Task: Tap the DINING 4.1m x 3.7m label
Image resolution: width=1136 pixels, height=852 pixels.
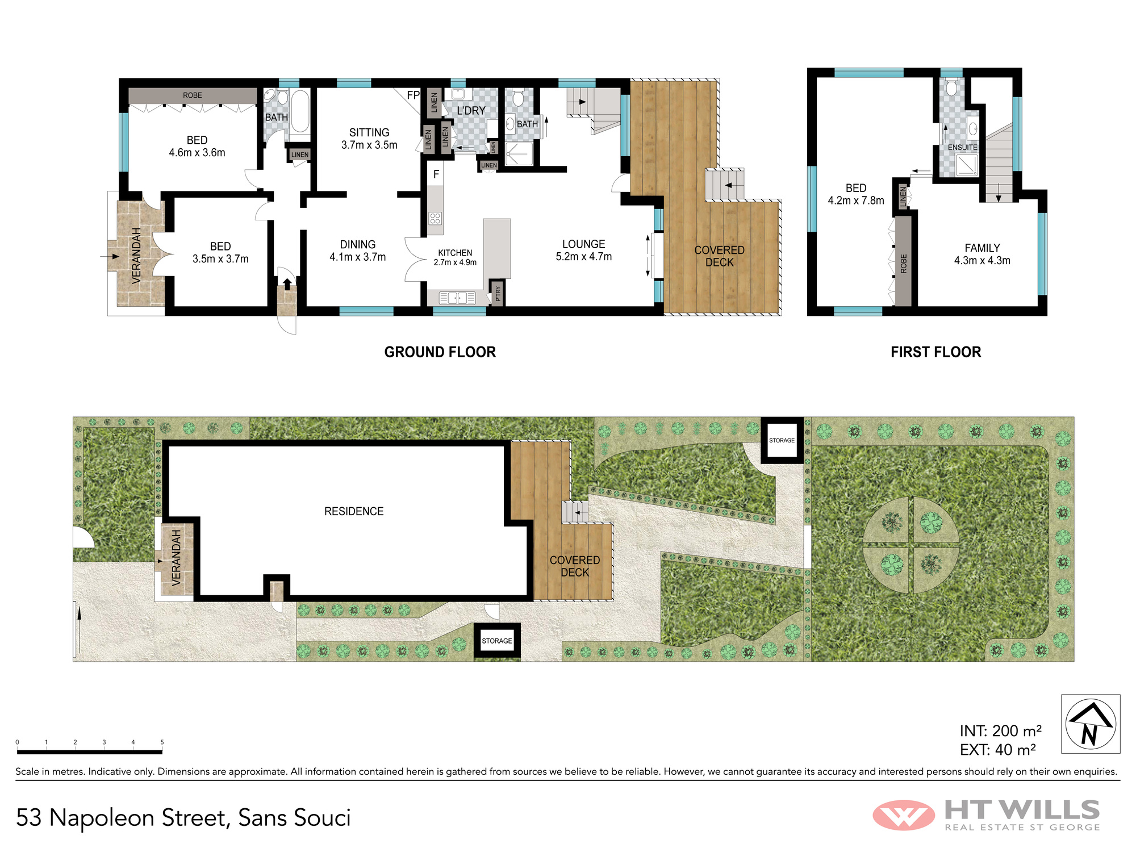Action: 358,250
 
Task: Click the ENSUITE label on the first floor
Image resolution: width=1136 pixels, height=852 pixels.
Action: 963,147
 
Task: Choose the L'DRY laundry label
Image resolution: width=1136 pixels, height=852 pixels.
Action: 471,110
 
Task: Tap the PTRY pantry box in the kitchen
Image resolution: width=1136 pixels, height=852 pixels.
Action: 498,293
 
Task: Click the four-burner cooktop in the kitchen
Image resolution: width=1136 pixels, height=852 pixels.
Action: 436,218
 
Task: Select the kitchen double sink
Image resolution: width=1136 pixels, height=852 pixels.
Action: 457,298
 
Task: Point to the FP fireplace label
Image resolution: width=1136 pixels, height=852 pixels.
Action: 413,95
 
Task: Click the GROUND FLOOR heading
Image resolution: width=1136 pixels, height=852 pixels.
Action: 440,352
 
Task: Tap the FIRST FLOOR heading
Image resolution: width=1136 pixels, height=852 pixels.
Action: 936,352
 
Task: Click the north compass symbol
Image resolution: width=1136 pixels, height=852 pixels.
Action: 1091,724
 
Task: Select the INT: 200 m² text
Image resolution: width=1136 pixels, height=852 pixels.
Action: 1001,730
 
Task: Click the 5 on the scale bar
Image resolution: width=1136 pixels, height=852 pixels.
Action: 162,742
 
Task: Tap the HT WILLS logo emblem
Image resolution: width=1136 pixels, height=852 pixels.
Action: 904,816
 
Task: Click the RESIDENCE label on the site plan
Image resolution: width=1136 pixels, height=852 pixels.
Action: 354,511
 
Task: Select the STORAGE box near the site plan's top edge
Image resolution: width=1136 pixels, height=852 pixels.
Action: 782,440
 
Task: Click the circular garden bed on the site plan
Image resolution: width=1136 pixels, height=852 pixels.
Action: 911,545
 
